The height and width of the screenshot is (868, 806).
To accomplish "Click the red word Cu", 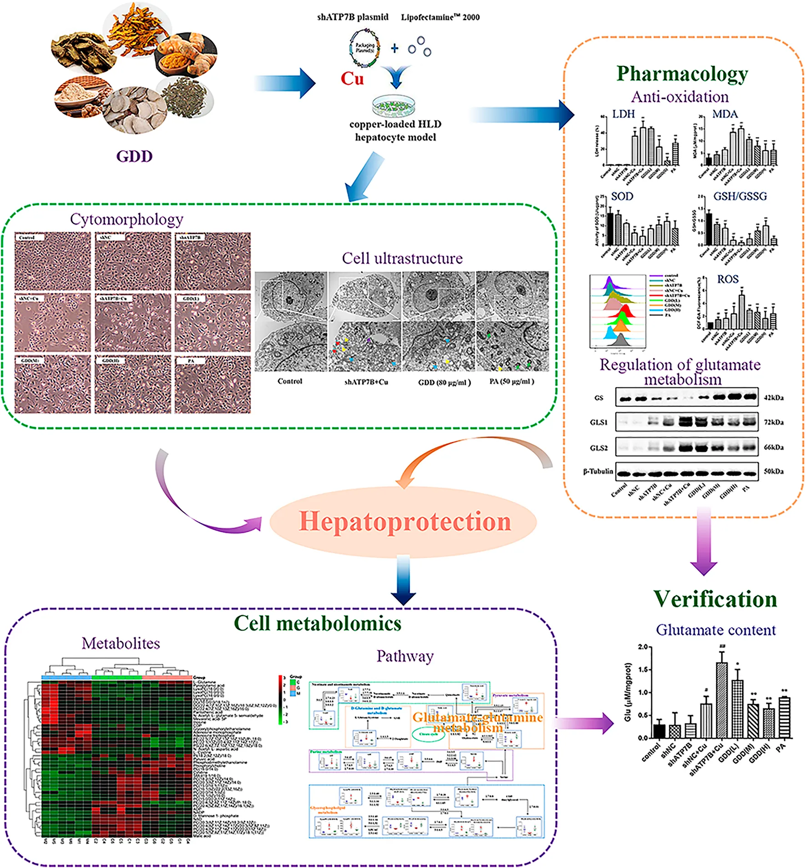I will (353, 79).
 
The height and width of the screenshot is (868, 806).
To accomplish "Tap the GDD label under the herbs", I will (134, 156).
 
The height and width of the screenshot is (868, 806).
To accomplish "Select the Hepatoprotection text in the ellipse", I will (404, 521).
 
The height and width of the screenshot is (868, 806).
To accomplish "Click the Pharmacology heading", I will (682, 74).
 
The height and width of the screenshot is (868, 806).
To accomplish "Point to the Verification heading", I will (715, 599).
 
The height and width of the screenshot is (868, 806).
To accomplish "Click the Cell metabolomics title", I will (317, 623).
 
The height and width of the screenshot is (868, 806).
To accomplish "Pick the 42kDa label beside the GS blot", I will (774, 398).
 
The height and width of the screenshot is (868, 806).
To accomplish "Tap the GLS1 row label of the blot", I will (599, 422).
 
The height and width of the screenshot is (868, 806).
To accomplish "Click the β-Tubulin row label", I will (598, 471).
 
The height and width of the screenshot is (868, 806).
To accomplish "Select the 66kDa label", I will (774, 447).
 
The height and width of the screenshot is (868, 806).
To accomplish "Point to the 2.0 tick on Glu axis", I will (643, 646).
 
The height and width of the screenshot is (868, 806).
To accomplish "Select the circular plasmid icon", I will (365, 48).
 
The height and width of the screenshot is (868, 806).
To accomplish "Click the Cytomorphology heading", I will (126, 219).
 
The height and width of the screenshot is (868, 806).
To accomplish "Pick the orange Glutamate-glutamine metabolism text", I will (477, 723).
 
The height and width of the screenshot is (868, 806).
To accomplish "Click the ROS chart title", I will (728, 279).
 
